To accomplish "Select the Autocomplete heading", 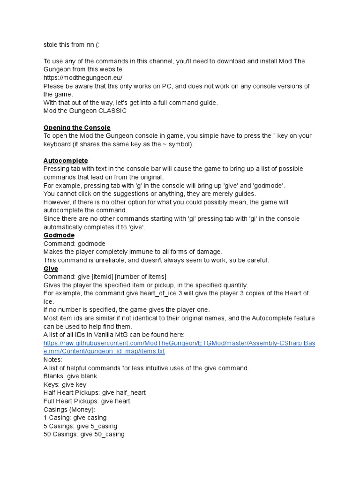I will [x=66, y=161].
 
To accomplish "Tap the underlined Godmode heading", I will [x=59, y=235].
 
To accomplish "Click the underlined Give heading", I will [x=51, y=269].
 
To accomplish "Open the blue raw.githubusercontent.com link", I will [x=179, y=347].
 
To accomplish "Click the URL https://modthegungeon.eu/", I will [x=83, y=78].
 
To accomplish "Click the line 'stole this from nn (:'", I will [x=72, y=45].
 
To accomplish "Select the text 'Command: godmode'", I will [x=75, y=244].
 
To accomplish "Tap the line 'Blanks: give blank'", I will [x=70, y=376].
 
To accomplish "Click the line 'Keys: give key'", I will [x=65, y=385].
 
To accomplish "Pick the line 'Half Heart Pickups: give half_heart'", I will [x=95, y=393].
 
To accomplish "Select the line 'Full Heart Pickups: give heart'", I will [x=87, y=401].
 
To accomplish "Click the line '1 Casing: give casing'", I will [x=75, y=418].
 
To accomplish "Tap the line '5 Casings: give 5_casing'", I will [x=80, y=426].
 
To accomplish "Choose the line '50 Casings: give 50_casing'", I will [x=84, y=435].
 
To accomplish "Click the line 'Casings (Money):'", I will [x=69, y=410].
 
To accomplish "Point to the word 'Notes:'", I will [x=53, y=360].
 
